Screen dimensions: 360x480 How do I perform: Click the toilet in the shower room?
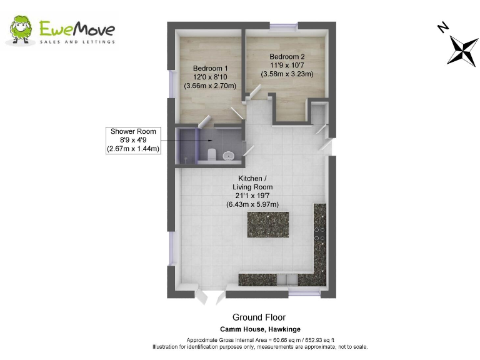coord(212,154)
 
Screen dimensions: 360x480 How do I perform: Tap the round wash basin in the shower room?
coord(229,156)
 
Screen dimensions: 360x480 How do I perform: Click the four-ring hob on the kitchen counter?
coord(320,234)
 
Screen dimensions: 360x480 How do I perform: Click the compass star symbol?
coord(462,50)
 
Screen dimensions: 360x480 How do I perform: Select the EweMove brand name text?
coord(77,28)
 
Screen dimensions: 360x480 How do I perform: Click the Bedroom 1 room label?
coord(210,69)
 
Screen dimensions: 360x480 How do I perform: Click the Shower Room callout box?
coord(133,140)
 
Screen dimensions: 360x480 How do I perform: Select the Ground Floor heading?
coord(259,317)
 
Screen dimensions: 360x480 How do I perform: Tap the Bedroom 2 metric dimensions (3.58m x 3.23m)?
coord(287,74)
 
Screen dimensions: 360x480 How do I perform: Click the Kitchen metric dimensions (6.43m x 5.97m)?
coord(252,204)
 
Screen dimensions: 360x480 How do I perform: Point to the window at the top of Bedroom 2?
coord(285,26)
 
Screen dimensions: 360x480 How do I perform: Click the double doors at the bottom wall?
coord(210,296)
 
